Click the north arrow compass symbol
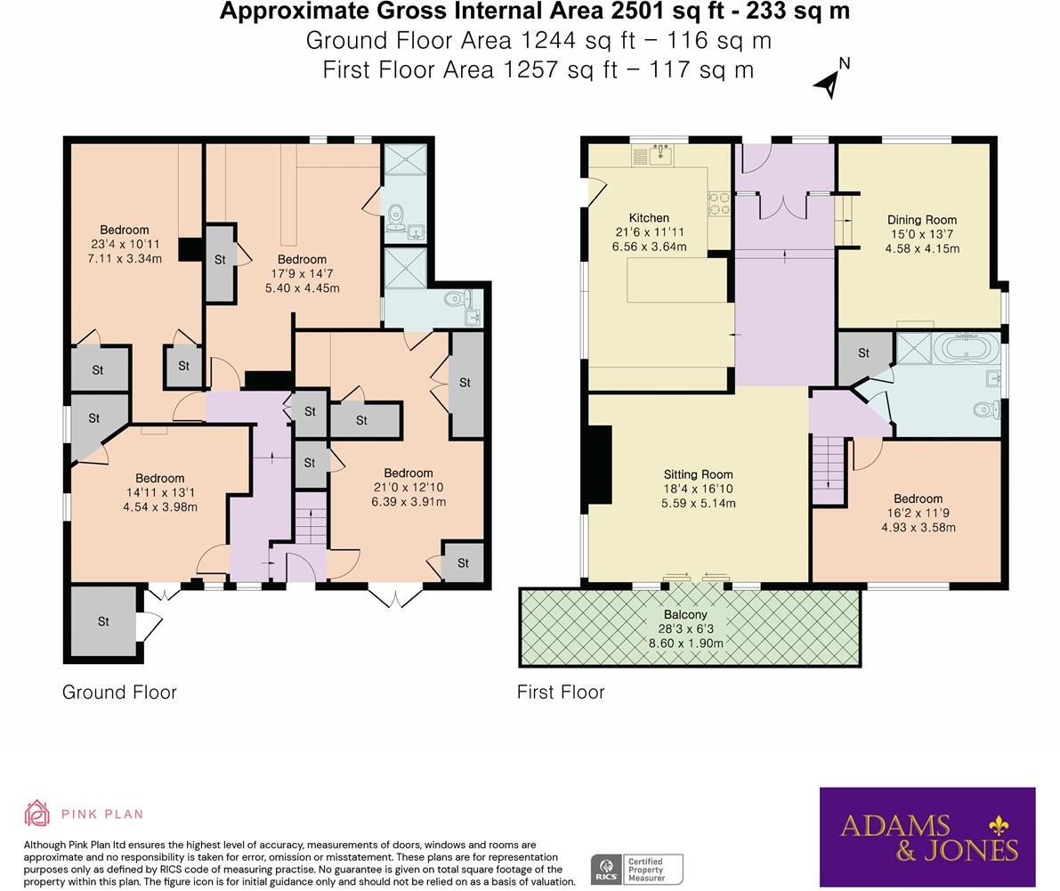point(831,80)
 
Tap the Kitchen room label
point(649,218)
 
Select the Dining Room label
point(922,220)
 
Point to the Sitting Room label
point(699,474)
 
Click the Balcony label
point(685,614)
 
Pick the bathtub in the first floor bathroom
point(967,349)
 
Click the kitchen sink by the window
point(661,156)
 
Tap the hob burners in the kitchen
point(718,204)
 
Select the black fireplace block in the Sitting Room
point(599,465)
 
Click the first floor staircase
point(829,471)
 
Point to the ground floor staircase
point(311,519)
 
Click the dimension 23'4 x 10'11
point(125,244)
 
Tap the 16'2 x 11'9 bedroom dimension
point(918,513)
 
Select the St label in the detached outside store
point(103,621)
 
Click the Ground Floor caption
point(119,693)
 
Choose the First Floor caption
point(561,693)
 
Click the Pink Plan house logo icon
point(37,814)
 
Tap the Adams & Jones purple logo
point(927,837)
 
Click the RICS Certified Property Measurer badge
point(637,870)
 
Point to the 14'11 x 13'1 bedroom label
point(159,493)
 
